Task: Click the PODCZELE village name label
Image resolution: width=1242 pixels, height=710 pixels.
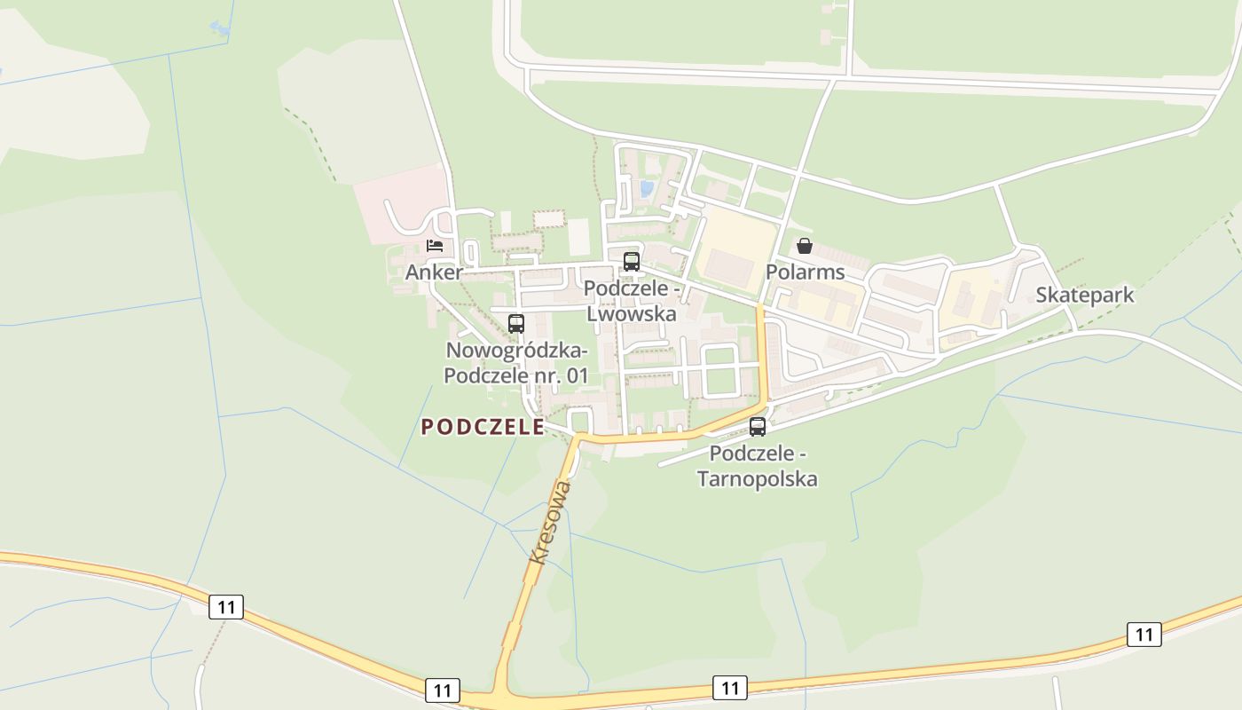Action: tap(483, 427)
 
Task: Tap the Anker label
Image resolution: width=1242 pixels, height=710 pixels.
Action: tap(434, 272)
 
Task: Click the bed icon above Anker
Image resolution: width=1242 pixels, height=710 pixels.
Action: tap(435, 245)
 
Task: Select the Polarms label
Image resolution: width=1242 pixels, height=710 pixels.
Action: tap(805, 272)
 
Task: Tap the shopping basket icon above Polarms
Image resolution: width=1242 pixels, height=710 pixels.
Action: tap(805, 245)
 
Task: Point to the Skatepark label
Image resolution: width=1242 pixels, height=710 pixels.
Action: tap(1084, 295)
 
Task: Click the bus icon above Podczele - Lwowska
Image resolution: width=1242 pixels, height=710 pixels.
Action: tap(632, 261)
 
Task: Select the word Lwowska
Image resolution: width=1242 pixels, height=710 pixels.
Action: tap(632, 313)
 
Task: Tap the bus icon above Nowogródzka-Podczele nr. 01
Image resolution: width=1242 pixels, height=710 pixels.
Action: tap(516, 323)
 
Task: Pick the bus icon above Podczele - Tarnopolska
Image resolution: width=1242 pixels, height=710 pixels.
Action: tap(758, 426)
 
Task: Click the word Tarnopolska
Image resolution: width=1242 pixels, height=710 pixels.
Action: tap(757, 479)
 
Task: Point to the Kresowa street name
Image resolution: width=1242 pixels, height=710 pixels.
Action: tap(550, 524)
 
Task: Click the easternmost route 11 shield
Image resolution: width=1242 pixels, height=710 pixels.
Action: tap(1144, 634)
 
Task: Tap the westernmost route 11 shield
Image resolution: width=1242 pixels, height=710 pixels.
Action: tap(226, 607)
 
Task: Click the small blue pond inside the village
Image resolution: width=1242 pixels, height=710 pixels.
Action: tap(646, 188)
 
